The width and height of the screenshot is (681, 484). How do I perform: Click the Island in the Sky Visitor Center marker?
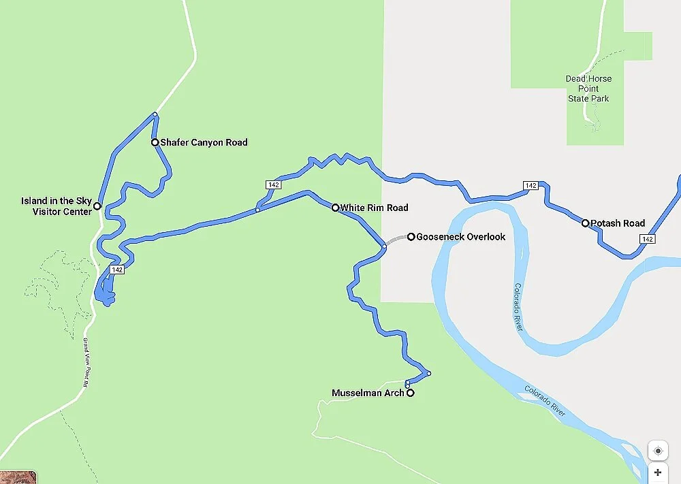(x=97, y=206)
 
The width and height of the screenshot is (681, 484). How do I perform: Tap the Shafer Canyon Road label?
(x=204, y=142)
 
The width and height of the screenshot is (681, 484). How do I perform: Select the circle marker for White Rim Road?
(x=335, y=208)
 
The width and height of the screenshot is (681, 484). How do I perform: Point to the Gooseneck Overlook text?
(x=461, y=237)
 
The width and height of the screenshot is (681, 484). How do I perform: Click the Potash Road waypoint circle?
(x=585, y=223)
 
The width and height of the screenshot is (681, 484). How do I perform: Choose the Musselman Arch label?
(x=368, y=393)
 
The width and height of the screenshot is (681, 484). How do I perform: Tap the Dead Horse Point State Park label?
(x=588, y=88)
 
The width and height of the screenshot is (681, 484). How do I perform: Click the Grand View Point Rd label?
(x=86, y=362)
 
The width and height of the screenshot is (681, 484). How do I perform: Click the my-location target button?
(x=658, y=451)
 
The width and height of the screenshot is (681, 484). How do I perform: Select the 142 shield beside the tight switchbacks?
(x=117, y=270)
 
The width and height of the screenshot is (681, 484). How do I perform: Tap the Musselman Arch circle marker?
(x=410, y=393)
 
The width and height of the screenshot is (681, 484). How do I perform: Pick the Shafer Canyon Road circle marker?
(x=155, y=142)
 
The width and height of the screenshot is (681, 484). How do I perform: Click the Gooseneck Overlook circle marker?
(x=411, y=237)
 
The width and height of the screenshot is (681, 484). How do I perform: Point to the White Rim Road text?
(x=374, y=208)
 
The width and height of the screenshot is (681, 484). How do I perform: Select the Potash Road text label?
(x=618, y=223)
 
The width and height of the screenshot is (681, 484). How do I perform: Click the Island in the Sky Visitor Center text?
(x=57, y=206)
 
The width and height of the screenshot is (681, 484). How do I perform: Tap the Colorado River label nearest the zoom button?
(x=545, y=401)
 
